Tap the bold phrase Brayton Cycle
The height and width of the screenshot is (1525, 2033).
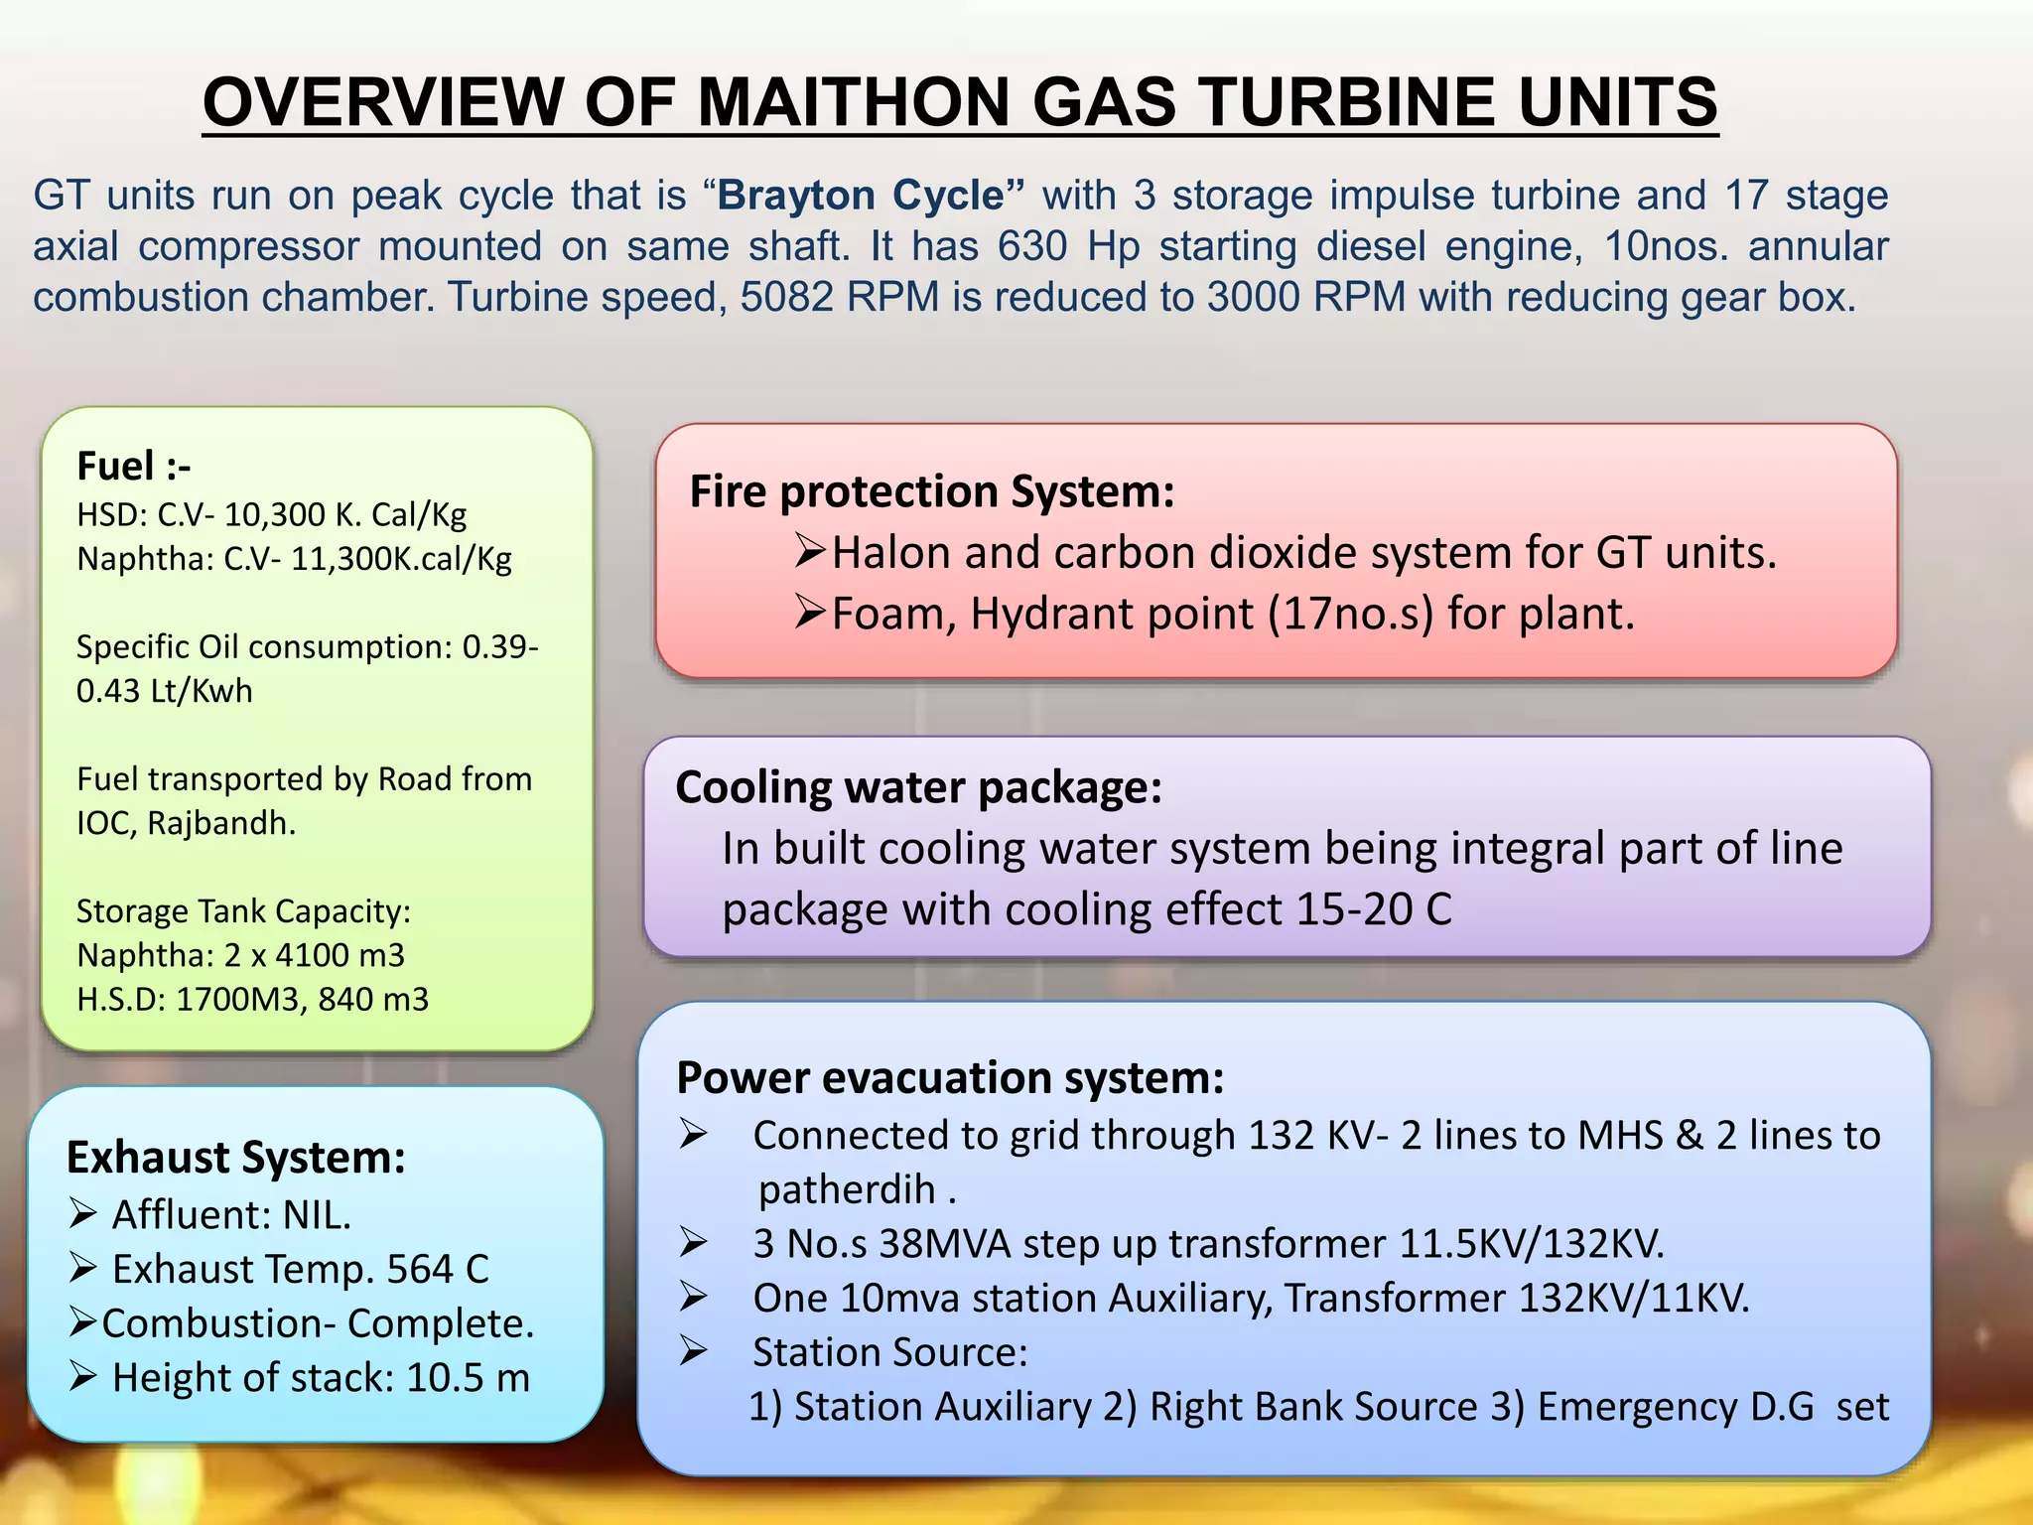(861, 195)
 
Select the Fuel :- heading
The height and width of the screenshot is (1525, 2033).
(133, 466)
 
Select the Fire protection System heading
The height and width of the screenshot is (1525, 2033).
(931, 491)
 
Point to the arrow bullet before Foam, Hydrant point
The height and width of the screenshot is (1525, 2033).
(809, 613)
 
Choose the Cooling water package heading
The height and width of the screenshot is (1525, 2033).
(918, 787)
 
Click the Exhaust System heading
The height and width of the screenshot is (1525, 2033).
(235, 1158)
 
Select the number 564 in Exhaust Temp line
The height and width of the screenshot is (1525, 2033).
(419, 1269)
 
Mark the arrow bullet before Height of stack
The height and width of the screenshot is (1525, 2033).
(83, 1377)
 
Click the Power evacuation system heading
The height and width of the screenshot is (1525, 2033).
(950, 1077)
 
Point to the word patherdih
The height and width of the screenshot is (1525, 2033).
(847, 1189)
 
